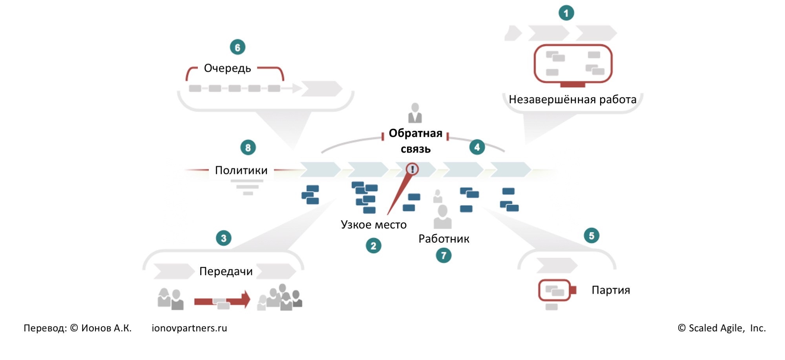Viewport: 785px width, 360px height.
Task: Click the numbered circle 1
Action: (x=566, y=13)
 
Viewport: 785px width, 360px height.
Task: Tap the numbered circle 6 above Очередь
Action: (x=237, y=48)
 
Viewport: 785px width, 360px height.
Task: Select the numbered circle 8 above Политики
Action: (x=248, y=148)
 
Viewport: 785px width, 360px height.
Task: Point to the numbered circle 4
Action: (x=477, y=147)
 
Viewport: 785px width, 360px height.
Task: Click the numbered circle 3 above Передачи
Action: (x=223, y=238)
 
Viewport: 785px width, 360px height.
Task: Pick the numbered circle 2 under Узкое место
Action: (x=373, y=246)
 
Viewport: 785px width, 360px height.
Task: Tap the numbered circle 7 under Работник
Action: (x=444, y=256)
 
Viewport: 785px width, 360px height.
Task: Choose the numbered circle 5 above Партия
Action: (x=591, y=236)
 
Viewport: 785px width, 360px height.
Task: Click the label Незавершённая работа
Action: (x=572, y=100)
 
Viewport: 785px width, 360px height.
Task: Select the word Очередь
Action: (x=227, y=68)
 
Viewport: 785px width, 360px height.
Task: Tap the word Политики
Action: (x=241, y=170)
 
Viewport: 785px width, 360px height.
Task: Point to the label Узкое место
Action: (x=374, y=225)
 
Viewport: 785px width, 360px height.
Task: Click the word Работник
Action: (x=444, y=239)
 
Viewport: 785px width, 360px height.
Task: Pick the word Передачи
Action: (x=226, y=271)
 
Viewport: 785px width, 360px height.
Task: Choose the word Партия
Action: (x=611, y=290)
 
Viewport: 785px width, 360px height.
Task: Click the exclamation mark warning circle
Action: (x=412, y=169)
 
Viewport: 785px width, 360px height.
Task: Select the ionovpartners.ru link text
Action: (x=189, y=328)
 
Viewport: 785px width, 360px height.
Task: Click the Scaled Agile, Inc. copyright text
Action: (x=721, y=328)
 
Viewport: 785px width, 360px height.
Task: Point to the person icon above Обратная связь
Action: (x=415, y=113)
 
